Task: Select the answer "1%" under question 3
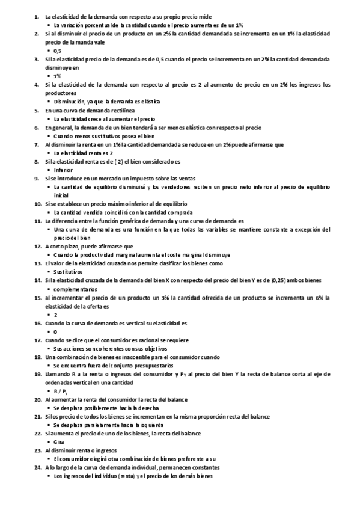(x=57, y=76)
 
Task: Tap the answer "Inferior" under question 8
(x=63, y=170)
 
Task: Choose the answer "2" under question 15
(x=55, y=315)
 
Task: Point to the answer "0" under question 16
(x=55, y=331)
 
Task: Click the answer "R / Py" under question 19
(x=61, y=391)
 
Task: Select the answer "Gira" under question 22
(x=58, y=442)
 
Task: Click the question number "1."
(x=37, y=16)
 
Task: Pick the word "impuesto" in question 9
(x=130, y=179)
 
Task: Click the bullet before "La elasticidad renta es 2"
(x=49, y=153)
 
